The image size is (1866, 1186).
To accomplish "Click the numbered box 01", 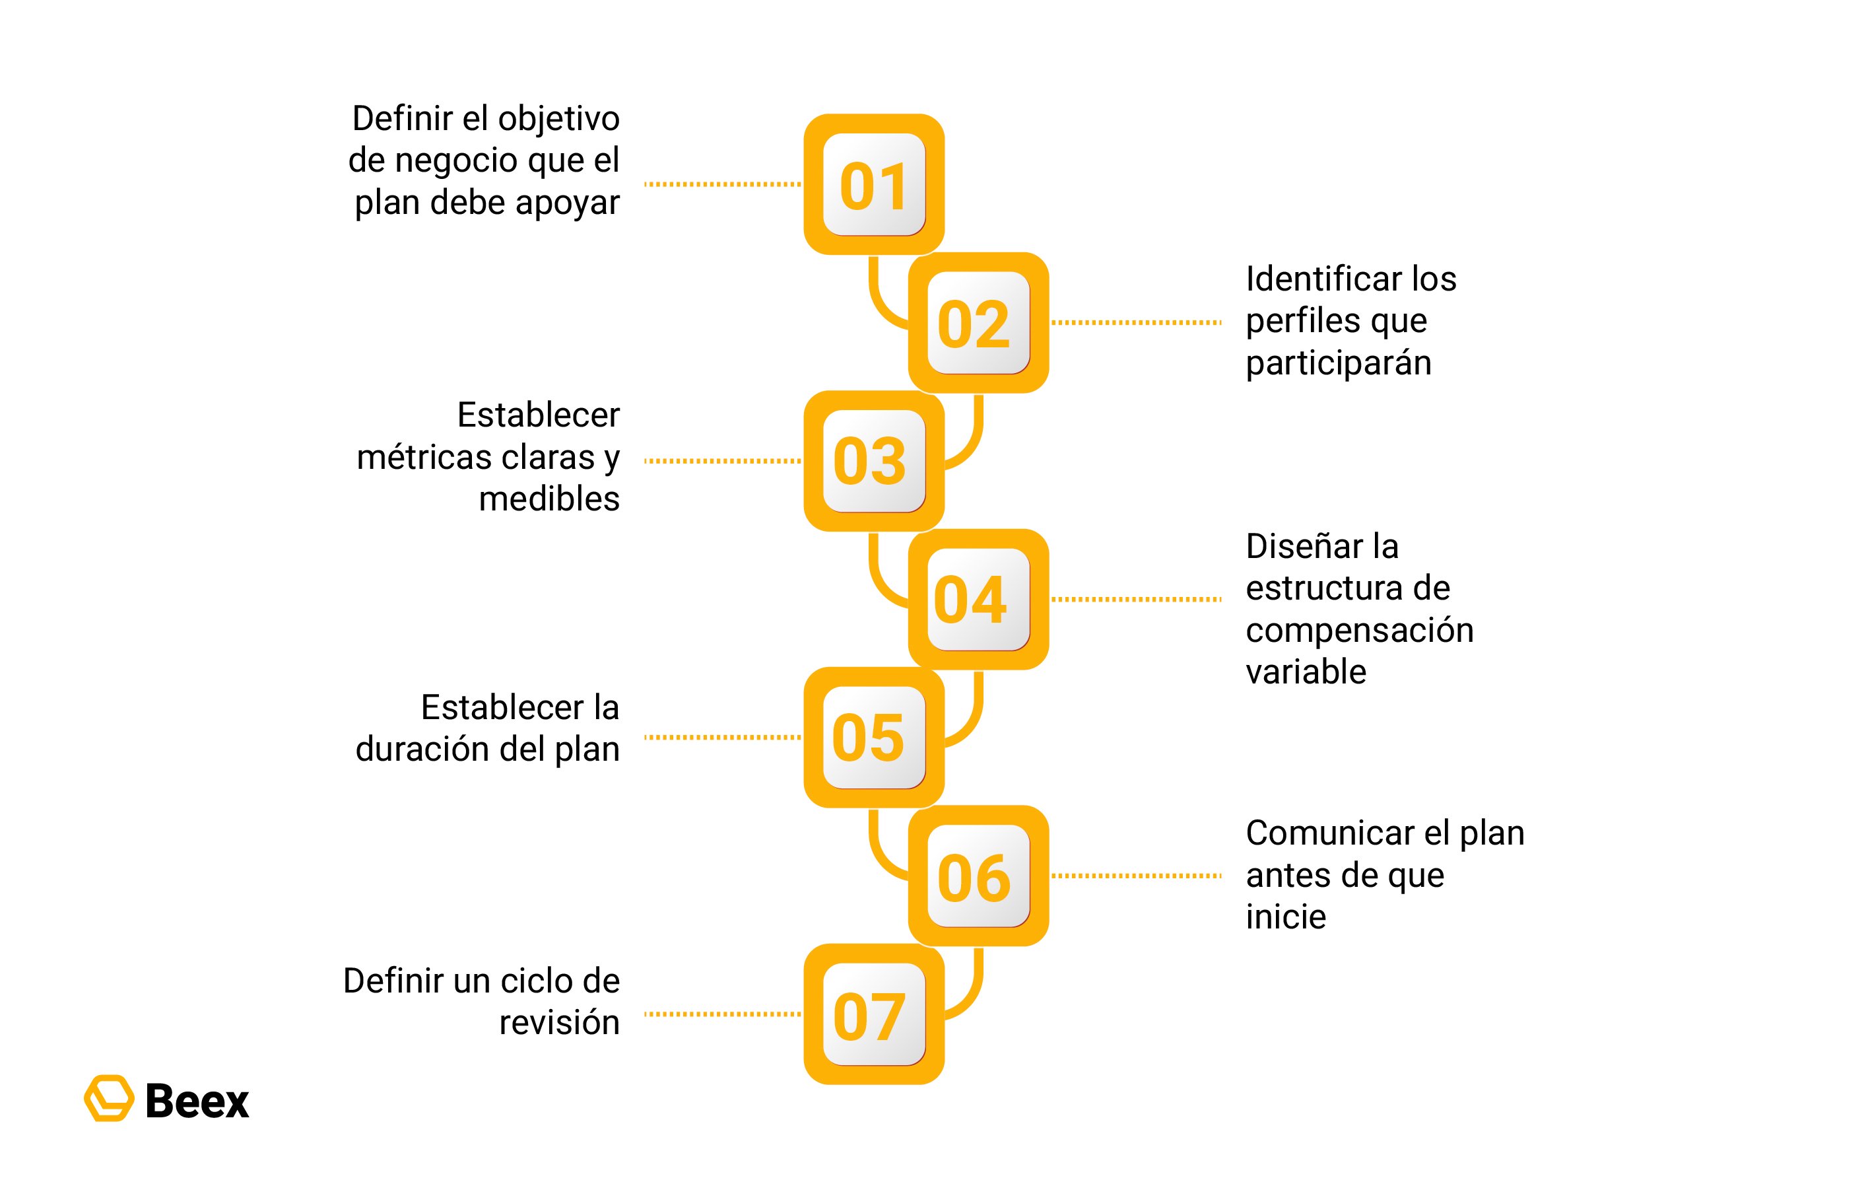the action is tap(874, 184).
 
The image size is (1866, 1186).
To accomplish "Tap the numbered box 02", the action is tap(979, 322).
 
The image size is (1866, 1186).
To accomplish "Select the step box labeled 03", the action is tap(874, 461).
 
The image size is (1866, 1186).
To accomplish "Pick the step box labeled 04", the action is tap(979, 599).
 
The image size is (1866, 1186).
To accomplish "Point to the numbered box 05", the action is tap(874, 737).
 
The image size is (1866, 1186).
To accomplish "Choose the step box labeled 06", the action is tap(979, 876).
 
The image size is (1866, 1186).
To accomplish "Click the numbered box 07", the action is tap(874, 1014).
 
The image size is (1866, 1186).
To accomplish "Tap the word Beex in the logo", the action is tap(197, 1101).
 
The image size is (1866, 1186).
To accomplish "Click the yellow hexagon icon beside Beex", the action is tap(108, 1098).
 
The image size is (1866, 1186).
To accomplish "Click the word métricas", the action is tap(423, 458).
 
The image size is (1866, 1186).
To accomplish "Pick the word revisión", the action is tap(560, 1022).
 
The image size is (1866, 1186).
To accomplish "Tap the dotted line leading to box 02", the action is tap(1137, 322).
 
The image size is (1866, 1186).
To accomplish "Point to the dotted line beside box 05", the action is tap(723, 737).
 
